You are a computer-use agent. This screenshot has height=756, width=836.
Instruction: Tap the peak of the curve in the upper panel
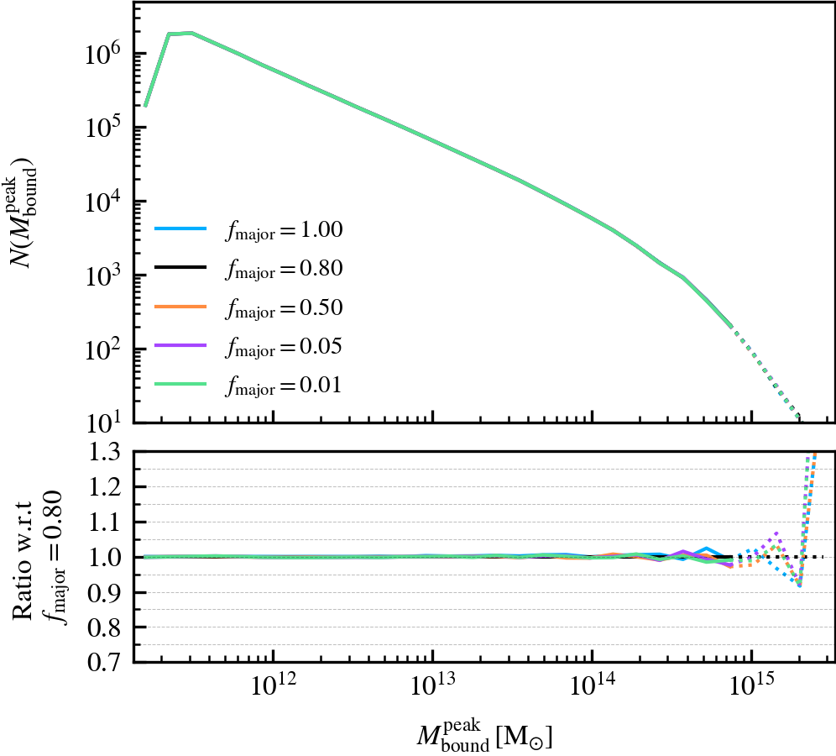tap(191, 33)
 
